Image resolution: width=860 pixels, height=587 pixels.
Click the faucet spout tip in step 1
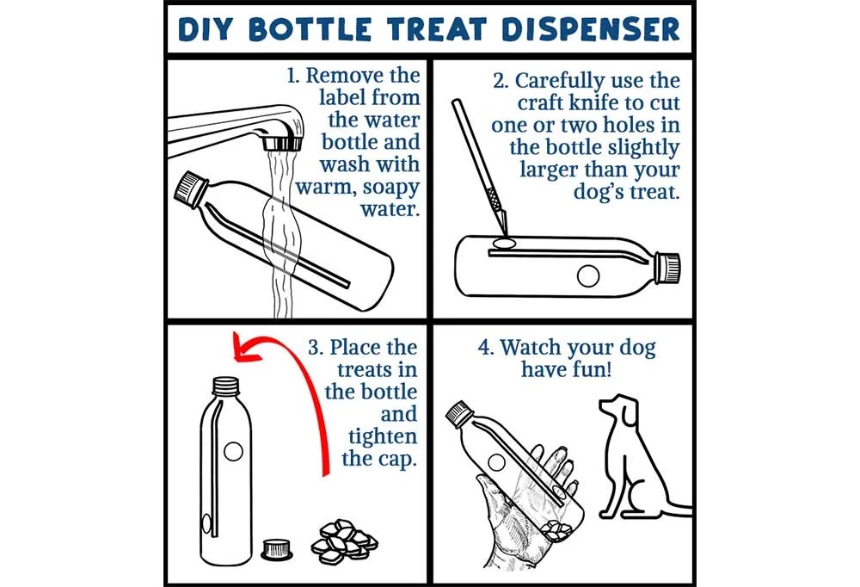[x=281, y=141]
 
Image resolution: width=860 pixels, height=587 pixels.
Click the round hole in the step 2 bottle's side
[x=588, y=275]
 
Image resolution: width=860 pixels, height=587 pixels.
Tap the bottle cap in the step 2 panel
[x=667, y=268]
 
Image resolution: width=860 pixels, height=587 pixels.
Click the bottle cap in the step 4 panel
[x=458, y=416]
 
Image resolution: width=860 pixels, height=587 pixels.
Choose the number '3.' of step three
[x=316, y=348]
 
